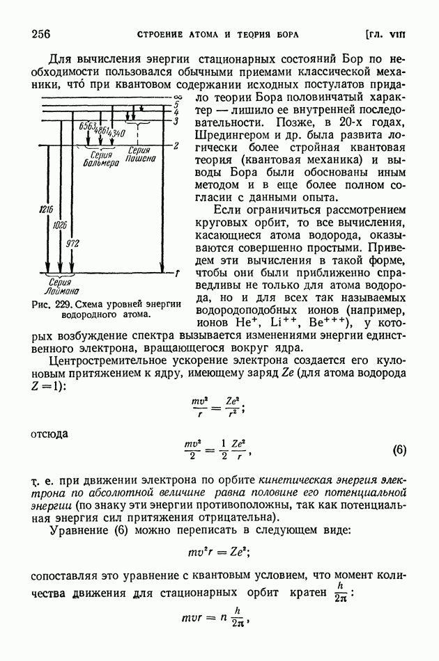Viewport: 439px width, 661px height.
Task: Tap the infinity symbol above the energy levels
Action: [177, 96]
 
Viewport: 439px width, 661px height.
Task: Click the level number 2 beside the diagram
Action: [177, 145]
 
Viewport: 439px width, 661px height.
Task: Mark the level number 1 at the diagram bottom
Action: [177, 273]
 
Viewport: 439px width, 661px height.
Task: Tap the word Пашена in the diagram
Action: [140, 159]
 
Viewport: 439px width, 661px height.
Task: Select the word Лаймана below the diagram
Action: [61, 292]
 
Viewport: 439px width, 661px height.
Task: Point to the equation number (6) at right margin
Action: [399, 449]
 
